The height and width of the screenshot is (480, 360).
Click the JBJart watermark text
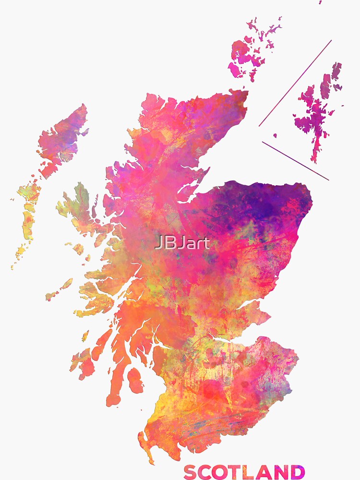pos(182,243)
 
